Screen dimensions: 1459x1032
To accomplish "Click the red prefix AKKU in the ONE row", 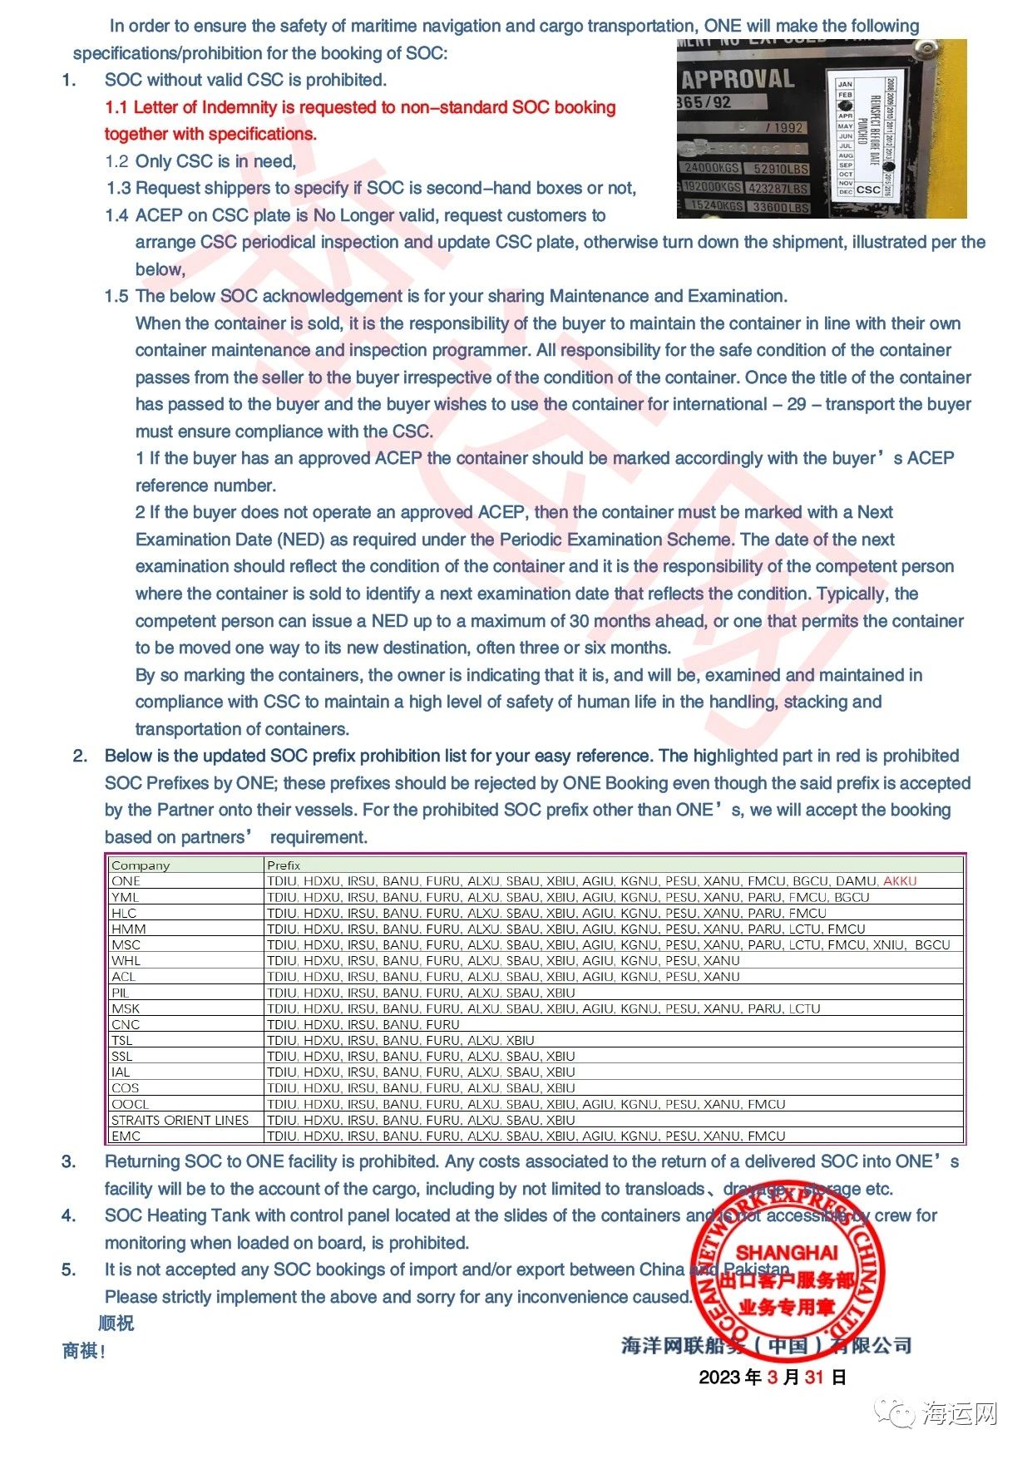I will coord(900,881).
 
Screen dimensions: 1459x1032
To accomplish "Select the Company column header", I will coord(141,865).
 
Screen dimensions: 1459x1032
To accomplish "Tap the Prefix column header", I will coord(284,865).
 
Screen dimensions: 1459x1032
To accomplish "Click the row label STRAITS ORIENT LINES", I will coord(180,1121).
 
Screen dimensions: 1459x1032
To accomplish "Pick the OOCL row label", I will coord(131,1105).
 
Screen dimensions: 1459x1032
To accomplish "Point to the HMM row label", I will coord(128,929).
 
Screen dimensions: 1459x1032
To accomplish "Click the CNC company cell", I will coord(126,1025).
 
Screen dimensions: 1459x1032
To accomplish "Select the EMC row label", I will coord(126,1136).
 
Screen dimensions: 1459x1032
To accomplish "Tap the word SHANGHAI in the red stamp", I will coord(787,1253).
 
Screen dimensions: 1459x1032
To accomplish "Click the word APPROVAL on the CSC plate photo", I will coord(738,80).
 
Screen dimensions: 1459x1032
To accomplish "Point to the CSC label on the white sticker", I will coord(868,190).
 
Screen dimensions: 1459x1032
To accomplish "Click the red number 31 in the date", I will coord(814,1378).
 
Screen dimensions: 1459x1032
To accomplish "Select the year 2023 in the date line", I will coord(720,1378).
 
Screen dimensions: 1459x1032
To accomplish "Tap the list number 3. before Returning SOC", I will coord(69,1162).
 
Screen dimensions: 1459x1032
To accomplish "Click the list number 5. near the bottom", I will coord(69,1270).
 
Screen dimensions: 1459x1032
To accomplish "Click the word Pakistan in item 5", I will coord(756,1270).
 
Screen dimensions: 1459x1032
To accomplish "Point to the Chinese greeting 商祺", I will coord(81,1352).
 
